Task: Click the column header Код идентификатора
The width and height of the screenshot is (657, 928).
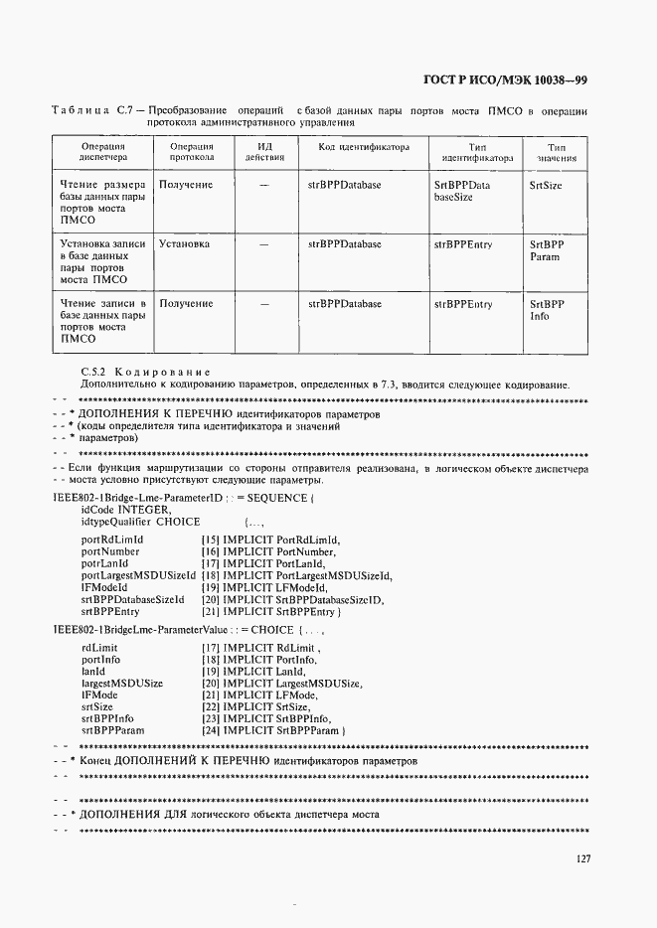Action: pyautogui.click(x=364, y=146)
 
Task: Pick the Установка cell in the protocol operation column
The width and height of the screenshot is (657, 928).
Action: pyautogui.click(x=184, y=242)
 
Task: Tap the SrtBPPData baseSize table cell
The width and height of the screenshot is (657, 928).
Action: pyautogui.click(x=462, y=191)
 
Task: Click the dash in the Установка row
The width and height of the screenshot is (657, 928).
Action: pyautogui.click(x=264, y=243)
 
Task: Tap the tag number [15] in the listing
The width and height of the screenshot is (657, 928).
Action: pyautogui.click(x=210, y=539)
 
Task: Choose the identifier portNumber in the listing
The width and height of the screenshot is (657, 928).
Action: pyautogui.click(x=110, y=550)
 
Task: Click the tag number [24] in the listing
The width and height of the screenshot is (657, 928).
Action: pyautogui.click(x=210, y=730)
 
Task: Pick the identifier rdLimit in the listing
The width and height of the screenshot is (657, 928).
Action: pyautogui.click(x=99, y=647)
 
